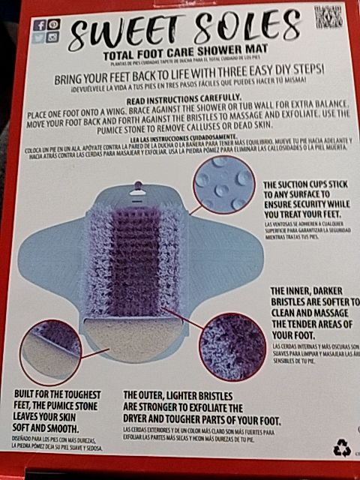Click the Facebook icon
(40, 24)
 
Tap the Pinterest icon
(52, 24)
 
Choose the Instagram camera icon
(52, 36)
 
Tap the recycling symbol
(342, 448)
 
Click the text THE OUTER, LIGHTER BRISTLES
(177, 394)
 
